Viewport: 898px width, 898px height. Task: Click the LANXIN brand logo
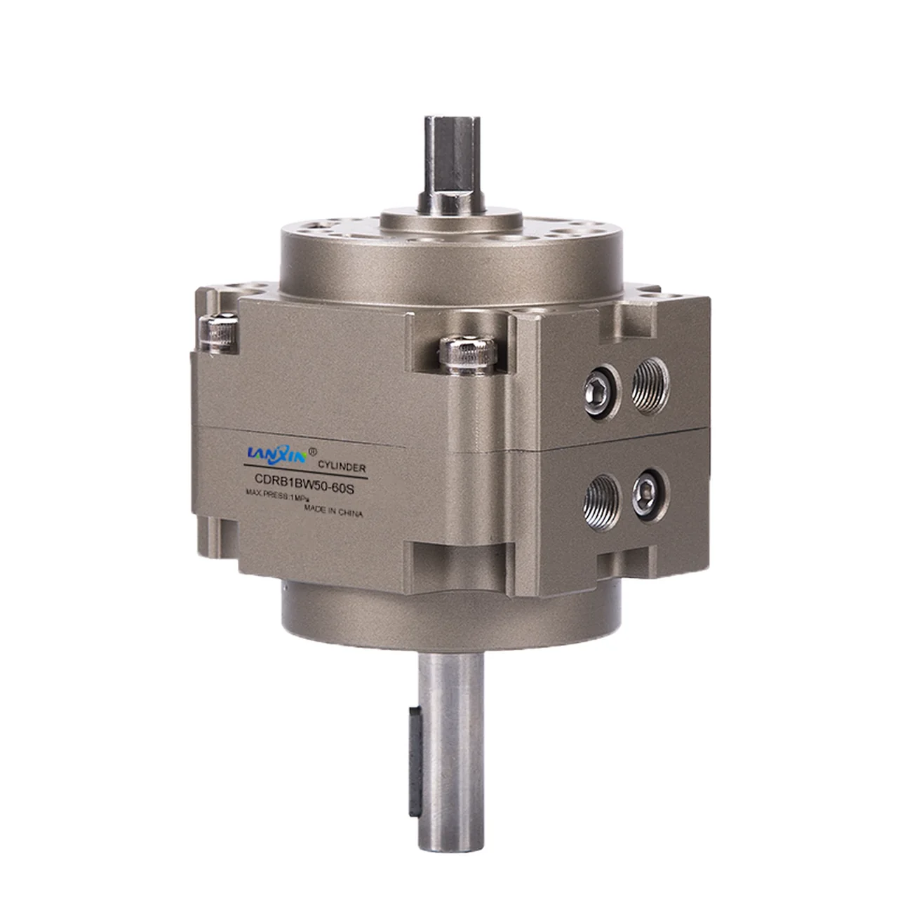click(277, 455)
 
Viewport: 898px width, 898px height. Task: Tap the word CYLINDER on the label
click(342, 467)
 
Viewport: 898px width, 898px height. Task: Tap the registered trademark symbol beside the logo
click(313, 451)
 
